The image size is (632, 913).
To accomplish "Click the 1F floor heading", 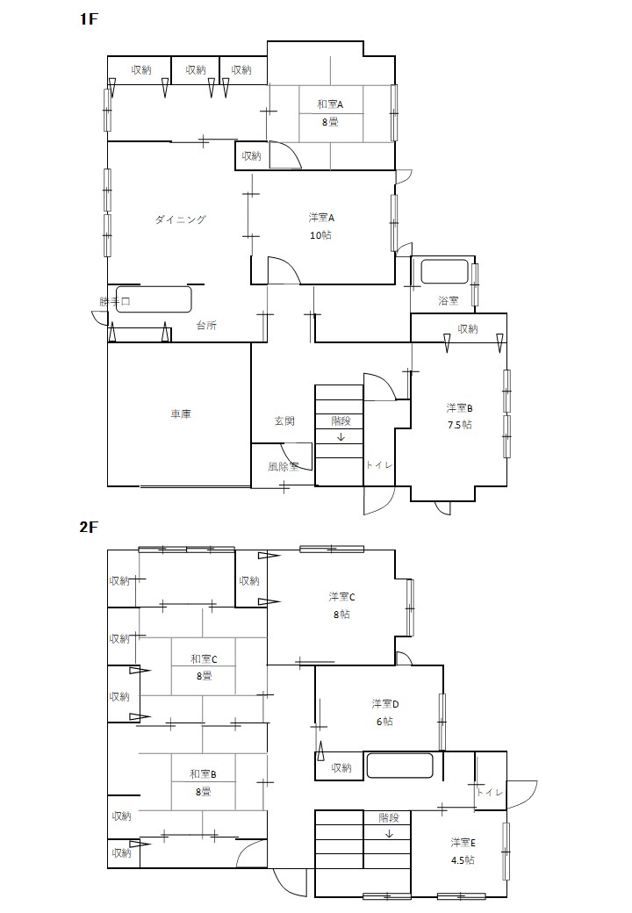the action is (x=88, y=19).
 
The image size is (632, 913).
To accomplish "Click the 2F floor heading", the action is (x=89, y=527).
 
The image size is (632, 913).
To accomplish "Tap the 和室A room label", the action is (x=330, y=104).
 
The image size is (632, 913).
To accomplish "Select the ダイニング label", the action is (x=181, y=219).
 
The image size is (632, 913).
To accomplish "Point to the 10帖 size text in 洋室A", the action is (x=320, y=235).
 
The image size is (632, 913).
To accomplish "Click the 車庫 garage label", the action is (x=181, y=414).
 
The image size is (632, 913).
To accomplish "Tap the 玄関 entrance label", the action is (x=284, y=421).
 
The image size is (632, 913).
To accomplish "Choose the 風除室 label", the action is (x=284, y=466).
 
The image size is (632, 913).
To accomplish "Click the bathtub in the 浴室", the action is (x=445, y=270).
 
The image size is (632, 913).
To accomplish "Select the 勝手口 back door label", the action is (x=115, y=302).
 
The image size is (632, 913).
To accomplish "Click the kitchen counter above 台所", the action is (x=154, y=299).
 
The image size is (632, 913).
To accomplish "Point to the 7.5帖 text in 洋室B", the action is (x=460, y=425).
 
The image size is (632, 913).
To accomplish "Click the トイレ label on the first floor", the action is (x=379, y=464).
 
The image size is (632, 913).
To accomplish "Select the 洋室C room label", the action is (x=341, y=597).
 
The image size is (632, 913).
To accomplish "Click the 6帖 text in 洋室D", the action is (x=384, y=722).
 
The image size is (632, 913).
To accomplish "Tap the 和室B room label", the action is (x=203, y=774).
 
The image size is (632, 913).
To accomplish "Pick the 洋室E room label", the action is (x=463, y=843).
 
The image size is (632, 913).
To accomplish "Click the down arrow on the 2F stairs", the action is (x=389, y=834).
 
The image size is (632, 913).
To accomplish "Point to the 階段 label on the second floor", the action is (x=389, y=817).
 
